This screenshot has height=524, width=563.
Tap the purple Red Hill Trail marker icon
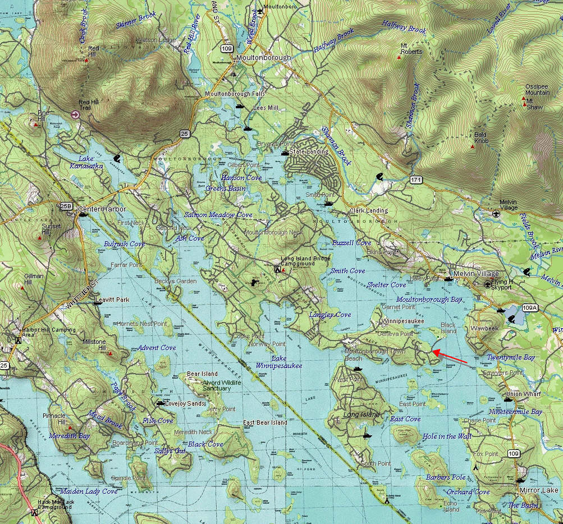[x=75, y=114]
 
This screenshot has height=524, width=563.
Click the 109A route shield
[x=529, y=307]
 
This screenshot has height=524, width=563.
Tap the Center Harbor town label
[x=98, y=209]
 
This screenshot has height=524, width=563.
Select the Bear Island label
[x=202, y=374]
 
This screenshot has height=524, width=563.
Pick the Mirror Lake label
[x=538, y=490]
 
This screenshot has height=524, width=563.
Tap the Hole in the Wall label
[x=447, y=436]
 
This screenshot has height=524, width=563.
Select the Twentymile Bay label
[x=510, y=357]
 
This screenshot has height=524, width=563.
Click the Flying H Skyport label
[x=501, y=284]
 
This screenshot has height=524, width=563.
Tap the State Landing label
[x=309, y=152]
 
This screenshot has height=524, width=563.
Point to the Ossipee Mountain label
[x=537, y=90]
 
